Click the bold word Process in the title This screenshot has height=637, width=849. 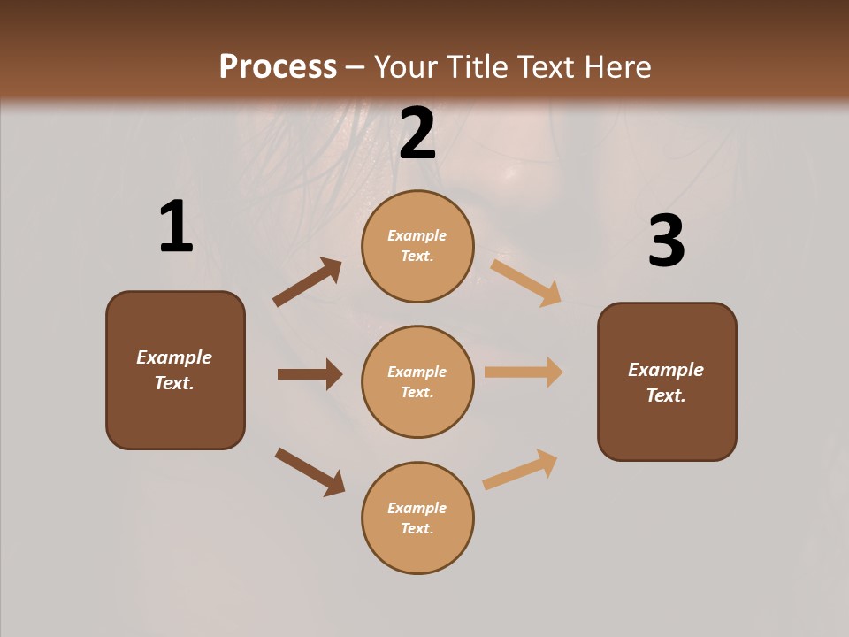[x=278, y=67]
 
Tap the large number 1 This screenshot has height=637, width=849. [x=176, y=226]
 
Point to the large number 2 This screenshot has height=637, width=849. [x=417, y=134]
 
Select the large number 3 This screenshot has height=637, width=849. [x=666, y=241]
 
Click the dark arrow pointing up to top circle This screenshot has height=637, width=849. [x=307, y=282]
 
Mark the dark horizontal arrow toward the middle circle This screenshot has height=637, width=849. [x=310, y=374]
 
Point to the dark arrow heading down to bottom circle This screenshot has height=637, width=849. [x=310, y=471]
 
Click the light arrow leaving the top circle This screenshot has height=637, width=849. [x=526, y=283]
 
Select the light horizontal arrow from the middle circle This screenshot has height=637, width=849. [x=524, y=372]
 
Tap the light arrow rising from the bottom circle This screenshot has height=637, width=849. [x=520, y=470]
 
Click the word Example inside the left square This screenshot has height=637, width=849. [x=174, y=357]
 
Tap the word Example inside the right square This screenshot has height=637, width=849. [x=666, y=370]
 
